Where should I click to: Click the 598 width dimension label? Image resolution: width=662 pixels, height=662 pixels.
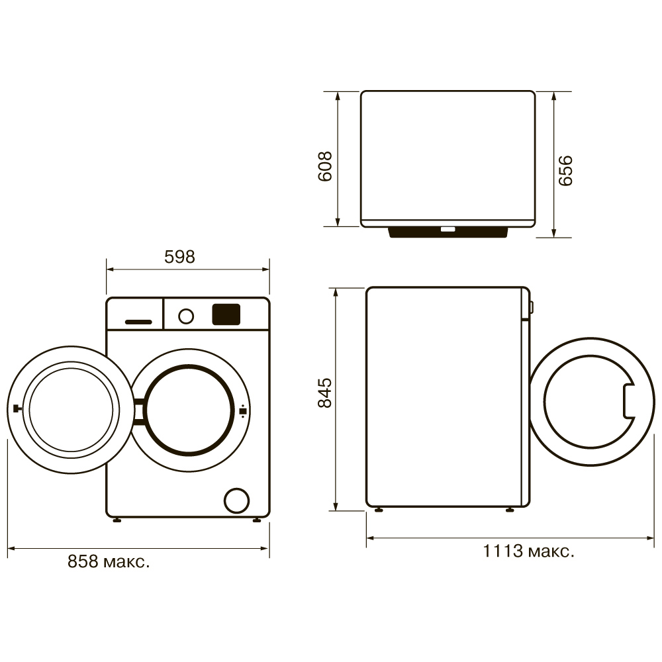tap(179, 257)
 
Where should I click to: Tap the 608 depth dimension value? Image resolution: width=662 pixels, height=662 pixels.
tap(324, 166)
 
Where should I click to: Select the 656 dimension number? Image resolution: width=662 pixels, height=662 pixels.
tap(565, 171)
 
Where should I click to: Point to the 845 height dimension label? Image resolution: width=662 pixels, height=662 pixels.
tap(324, 393)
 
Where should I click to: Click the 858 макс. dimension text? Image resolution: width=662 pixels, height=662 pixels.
tap(109, 561)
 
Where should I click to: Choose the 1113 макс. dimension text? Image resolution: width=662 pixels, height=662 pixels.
tap(528, 551)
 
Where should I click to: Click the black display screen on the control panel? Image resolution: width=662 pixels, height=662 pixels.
tap(226, 314)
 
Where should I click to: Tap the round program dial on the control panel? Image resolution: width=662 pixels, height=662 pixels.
tap(186, 316)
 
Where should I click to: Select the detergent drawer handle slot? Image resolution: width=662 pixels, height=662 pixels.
tap(138, 322)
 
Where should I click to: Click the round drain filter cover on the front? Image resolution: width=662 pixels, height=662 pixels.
tap(237, 500)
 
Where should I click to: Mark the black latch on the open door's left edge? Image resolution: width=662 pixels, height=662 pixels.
tap(17, 408)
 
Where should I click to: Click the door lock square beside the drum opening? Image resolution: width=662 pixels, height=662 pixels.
tap(243, 411)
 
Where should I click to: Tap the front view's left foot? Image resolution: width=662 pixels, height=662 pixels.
tap(117, 520)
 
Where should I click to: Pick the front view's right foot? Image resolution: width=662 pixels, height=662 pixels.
tap(257, 520)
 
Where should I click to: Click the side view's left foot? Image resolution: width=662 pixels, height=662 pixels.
tap(379, 510)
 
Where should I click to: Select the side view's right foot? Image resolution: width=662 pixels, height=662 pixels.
tap(510, 510)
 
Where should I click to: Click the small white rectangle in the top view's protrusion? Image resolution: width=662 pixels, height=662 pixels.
tap(448, 229)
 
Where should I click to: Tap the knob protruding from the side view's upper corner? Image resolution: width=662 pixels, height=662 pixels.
tap(532, 307)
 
